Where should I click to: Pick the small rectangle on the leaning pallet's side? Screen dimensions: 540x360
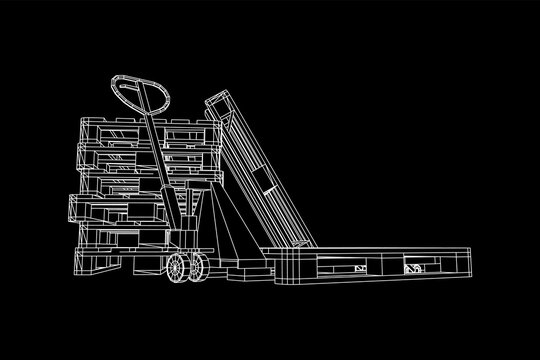pos(262,181)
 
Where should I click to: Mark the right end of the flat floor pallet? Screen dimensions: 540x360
pos(468,262)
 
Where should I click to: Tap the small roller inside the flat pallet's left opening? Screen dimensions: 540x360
pos(358,268)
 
